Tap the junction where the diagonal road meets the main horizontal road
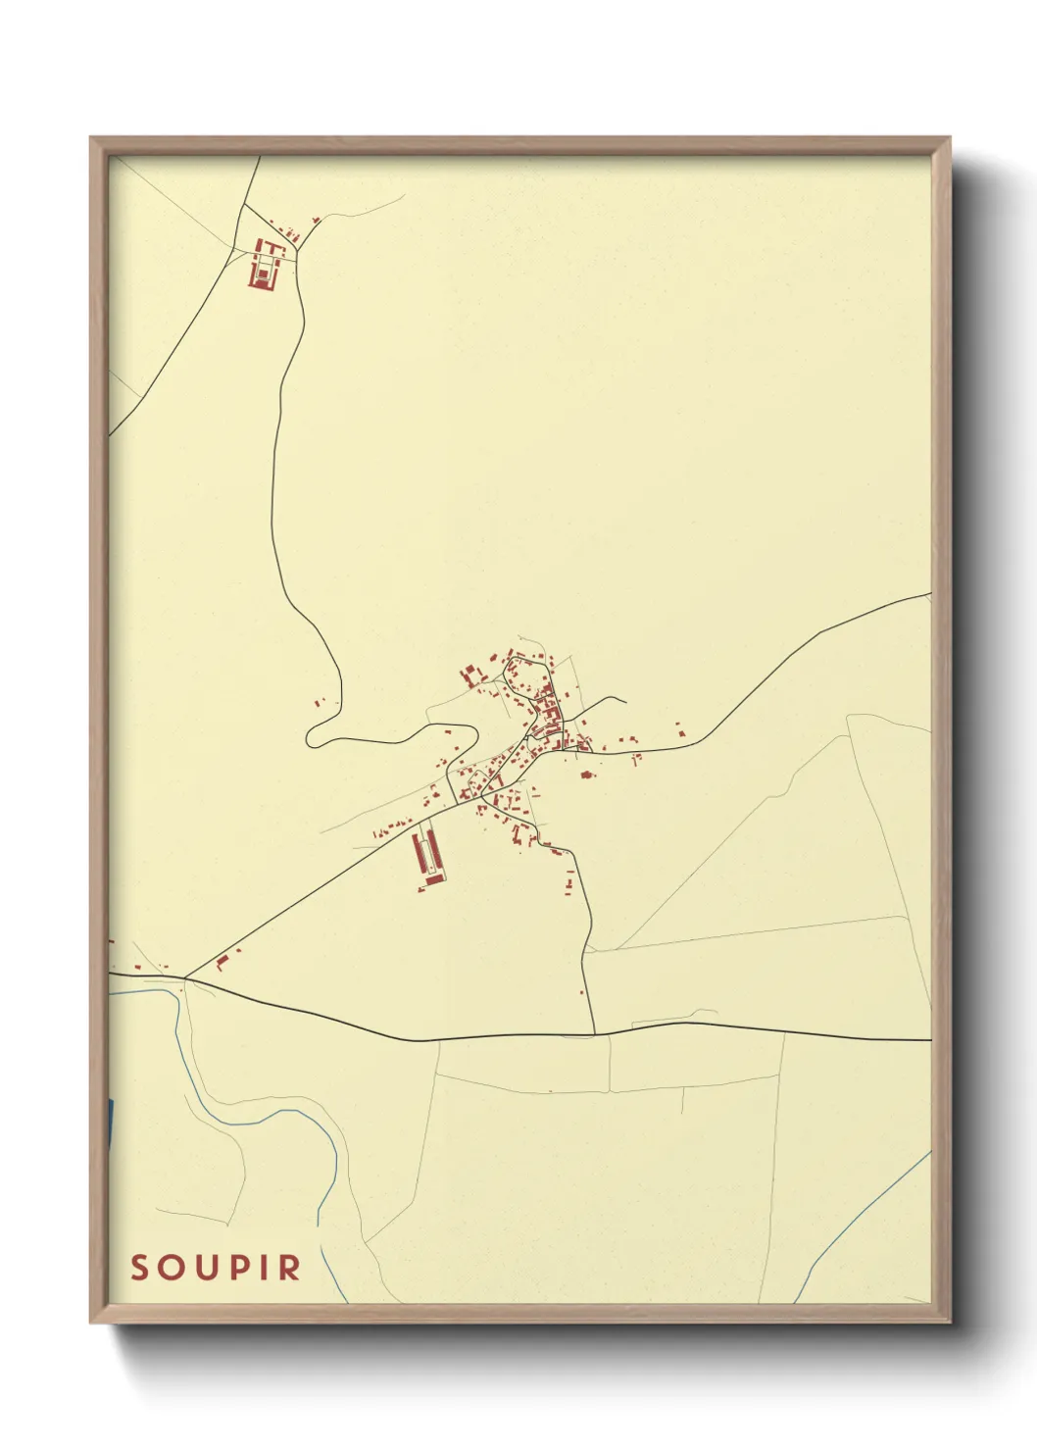(x=186, y=977)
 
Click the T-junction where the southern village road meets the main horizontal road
(x=594, y=1033)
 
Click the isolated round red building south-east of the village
(x=587, y=775)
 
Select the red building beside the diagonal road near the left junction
(x=222, y=960)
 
